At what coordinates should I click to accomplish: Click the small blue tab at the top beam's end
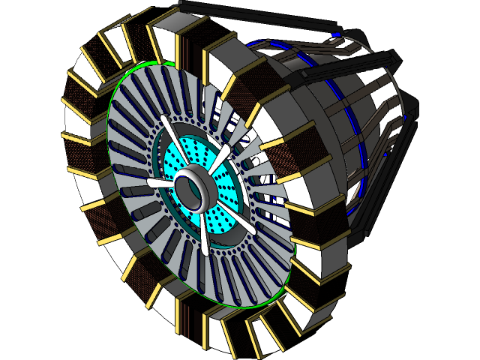338,34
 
